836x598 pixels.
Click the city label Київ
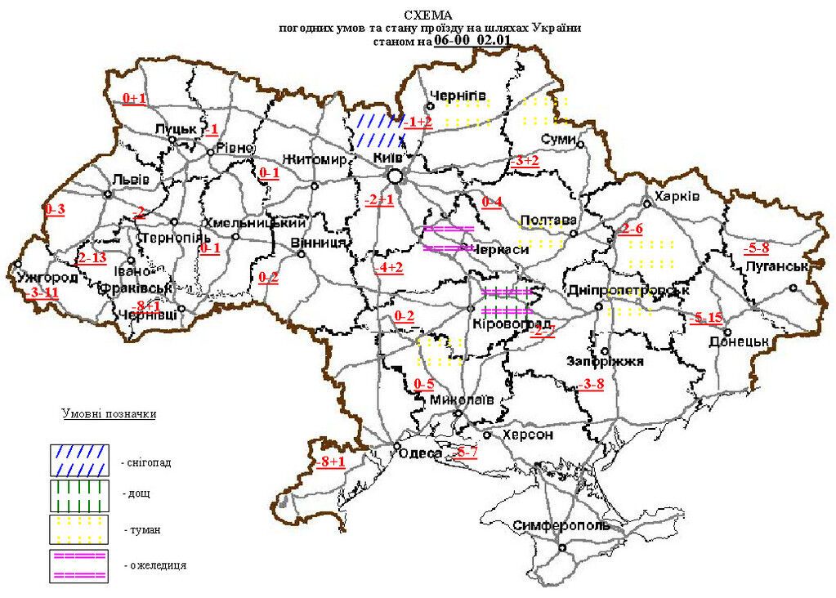[x=387, y=158]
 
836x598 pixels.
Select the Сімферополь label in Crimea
[x=561, y=525]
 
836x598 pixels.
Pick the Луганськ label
[x=776, y=267]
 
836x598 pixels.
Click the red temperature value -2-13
[x=91, y=258]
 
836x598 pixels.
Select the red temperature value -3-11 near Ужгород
[x=40, y=292]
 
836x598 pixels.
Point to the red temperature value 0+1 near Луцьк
[x=134, y=99]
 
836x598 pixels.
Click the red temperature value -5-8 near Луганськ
[x=757, y=248]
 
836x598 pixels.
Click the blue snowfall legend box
[x=78, y=460]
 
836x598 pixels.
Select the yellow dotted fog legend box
[x=78, y=529]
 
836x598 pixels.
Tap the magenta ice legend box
[x=78, y=565]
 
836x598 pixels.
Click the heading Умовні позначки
[x=110, y=413]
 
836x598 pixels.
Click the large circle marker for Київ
[x=396, y=176]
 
